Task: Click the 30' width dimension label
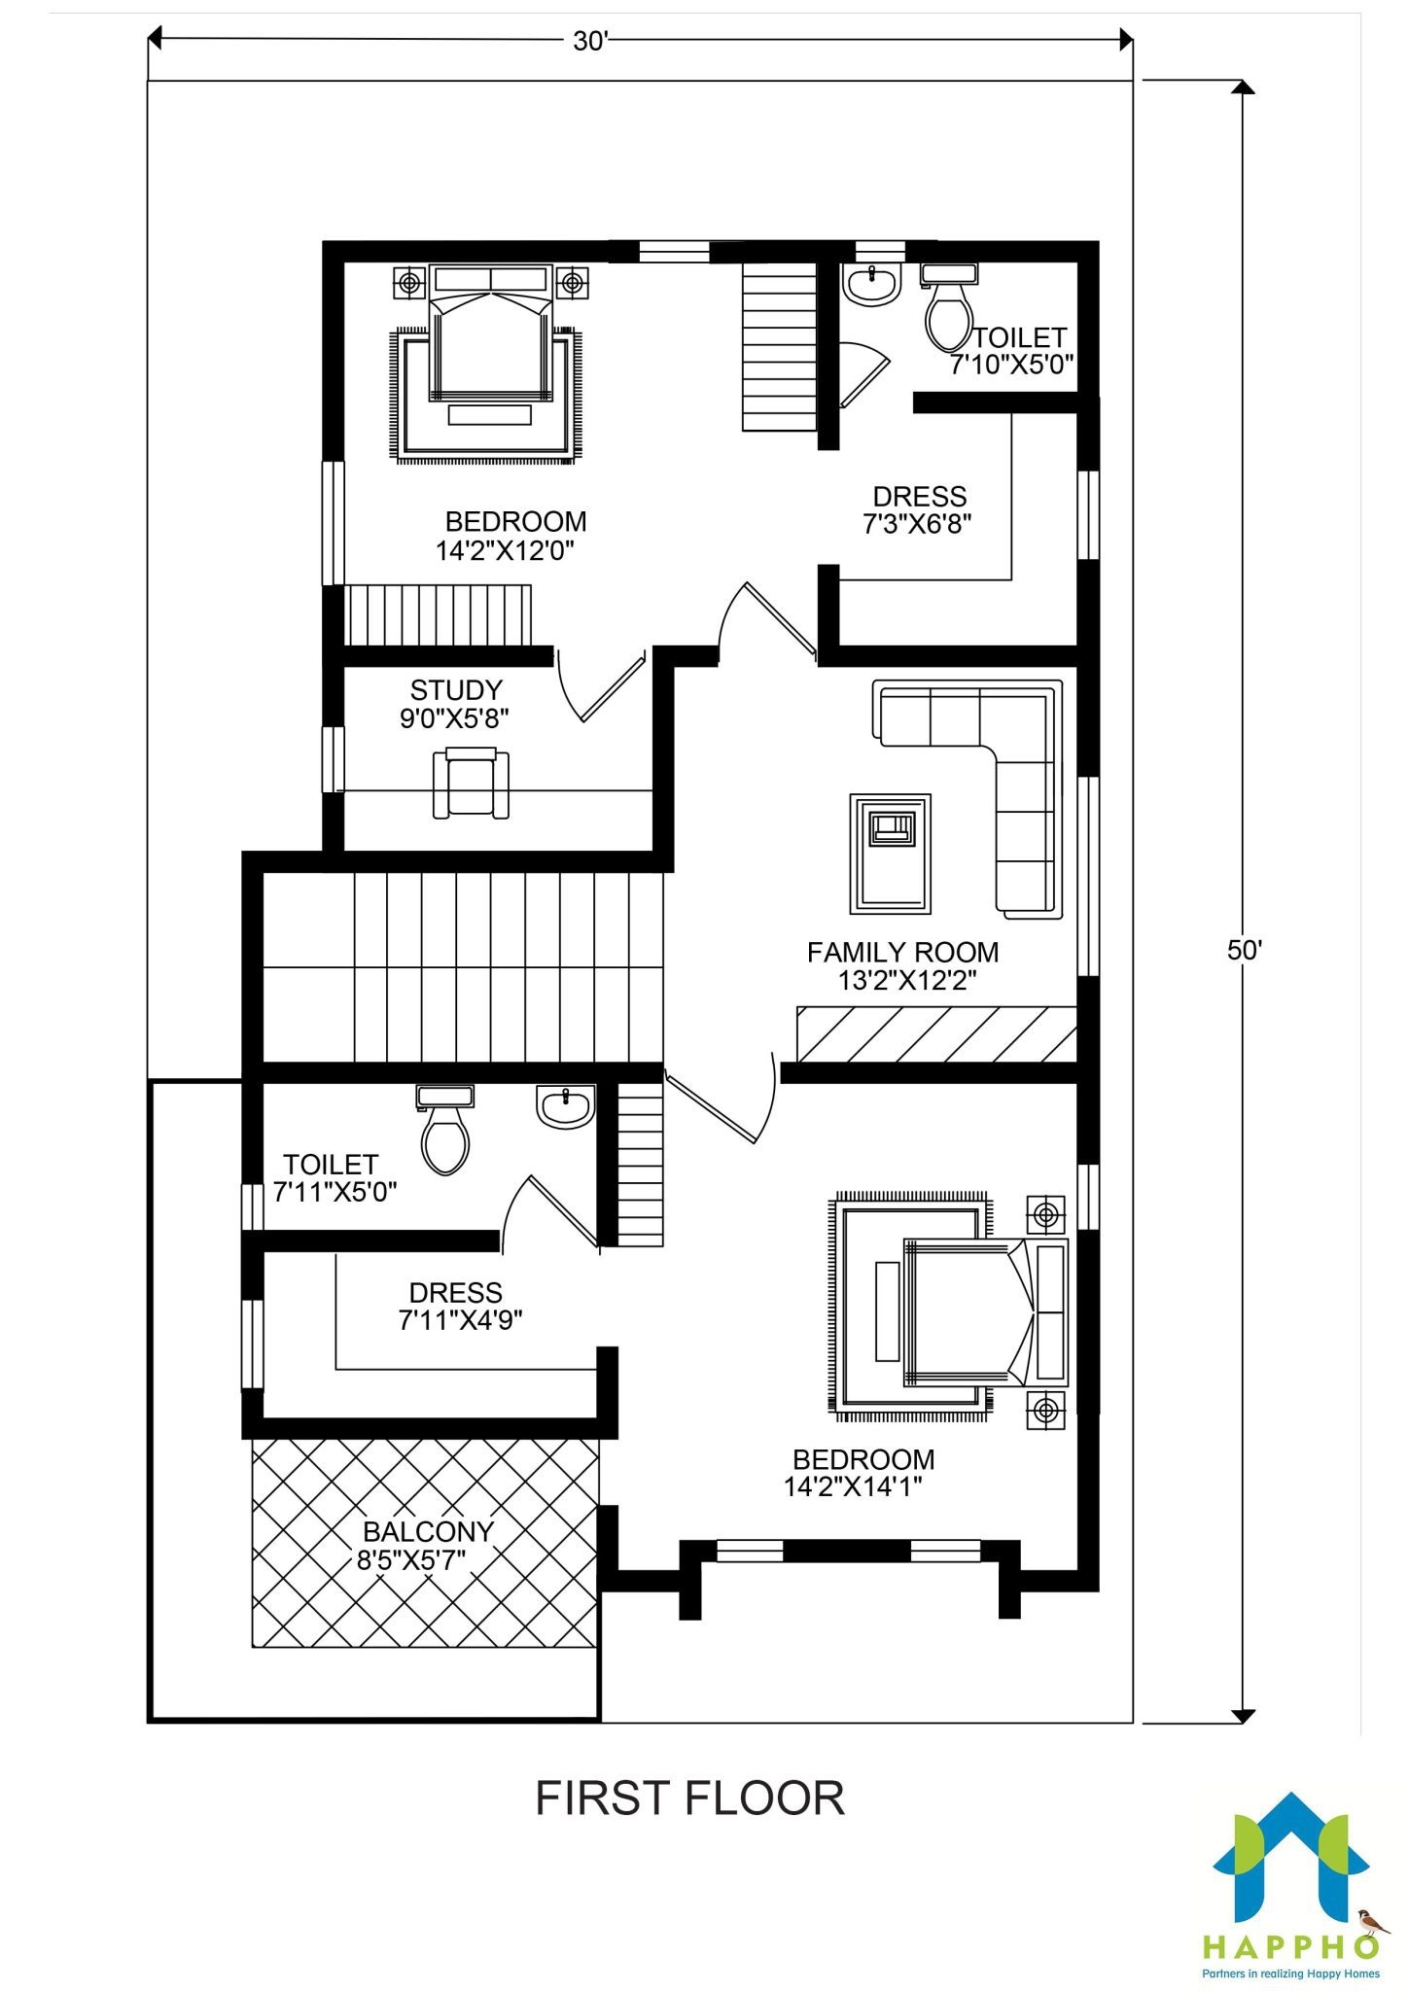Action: [590, 41]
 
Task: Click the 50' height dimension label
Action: [1243, 950]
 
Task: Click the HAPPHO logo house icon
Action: [1291, 1860]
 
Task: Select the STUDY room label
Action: [456, 690]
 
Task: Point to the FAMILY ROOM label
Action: [902, 952]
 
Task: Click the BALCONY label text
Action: [428, 1532]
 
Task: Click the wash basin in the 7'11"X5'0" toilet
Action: [565, 1107]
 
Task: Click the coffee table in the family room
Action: [890, 853]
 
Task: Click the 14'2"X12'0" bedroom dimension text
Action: [505, 551]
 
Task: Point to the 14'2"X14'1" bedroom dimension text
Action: [853, 1486]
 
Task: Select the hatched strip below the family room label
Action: [936, 1034]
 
